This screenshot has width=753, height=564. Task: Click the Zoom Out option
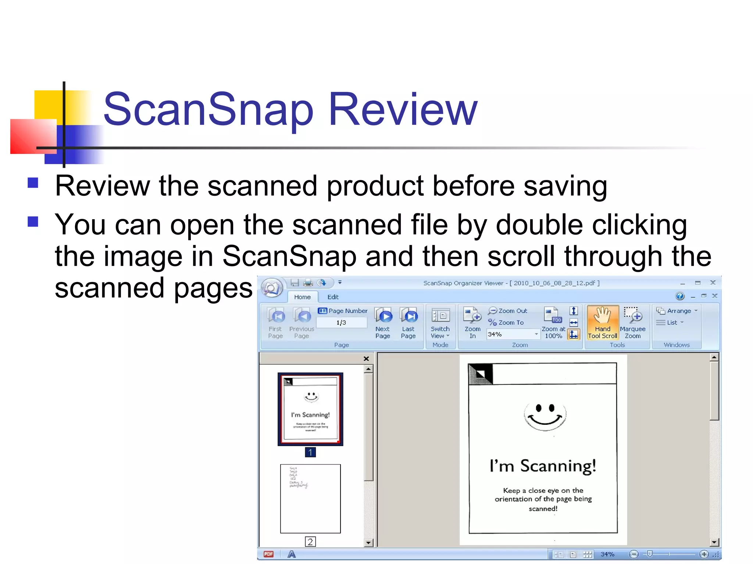coord(508,311)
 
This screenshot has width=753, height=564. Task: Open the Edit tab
coord(333,297)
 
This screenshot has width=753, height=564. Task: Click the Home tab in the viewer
coord(302,297)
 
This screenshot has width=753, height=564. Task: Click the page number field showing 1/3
coord(341,323)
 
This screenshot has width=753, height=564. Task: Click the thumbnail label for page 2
coord(310,542)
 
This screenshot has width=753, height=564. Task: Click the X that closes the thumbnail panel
coord(366,359)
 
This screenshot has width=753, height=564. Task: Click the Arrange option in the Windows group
coord(678,311)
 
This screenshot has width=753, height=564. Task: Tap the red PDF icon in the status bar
coord(269,554)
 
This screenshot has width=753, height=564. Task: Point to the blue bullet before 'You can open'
coord(33,221)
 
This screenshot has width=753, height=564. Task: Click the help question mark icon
coord(680,296)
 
